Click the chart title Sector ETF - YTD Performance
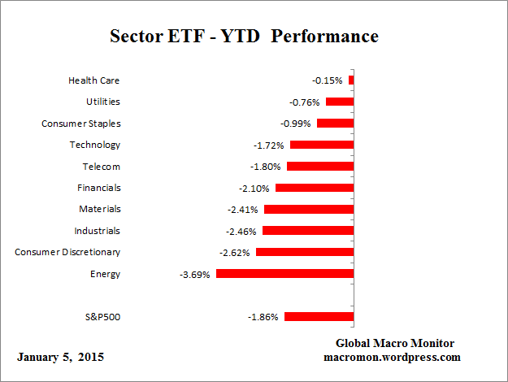pyautogui.click(x=244, y=37)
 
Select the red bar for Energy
pyautogui.click(x=284, y=274)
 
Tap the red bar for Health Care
pyautogui.click(x=351, y=80)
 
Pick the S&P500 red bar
pyautogui.click(x=319, y=316)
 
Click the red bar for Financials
pyautogui.click(x=315, y=188)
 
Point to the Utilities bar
pyautogui.click(x=340, y=102)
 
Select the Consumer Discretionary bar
pyautogui.click(x=305, y=252)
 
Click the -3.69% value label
pyautogui.click(x=195, y=275)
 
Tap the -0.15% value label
pyautogui.click(x=328, y=81)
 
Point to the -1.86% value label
pyautogui.click(x=263, y=317)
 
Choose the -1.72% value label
pyautogui.click(x=269, y=145)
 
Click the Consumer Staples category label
pyautogui.click(x=81, y=124)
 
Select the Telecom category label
pyautogui.click(x=101, y=167)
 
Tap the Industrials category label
pyautogui.click(x=97, y=231)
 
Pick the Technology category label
pyautogui.click(x=95, y=145)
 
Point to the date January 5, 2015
pyautogui.click(x=60, y=358)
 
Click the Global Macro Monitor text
pyautogui.click(x=395, y=343)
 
